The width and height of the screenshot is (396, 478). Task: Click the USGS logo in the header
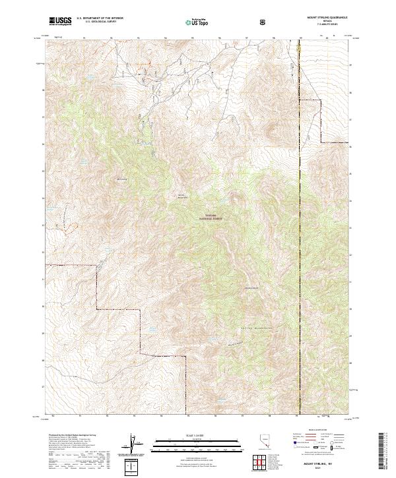61,21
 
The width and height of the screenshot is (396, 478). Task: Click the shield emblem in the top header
264,21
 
